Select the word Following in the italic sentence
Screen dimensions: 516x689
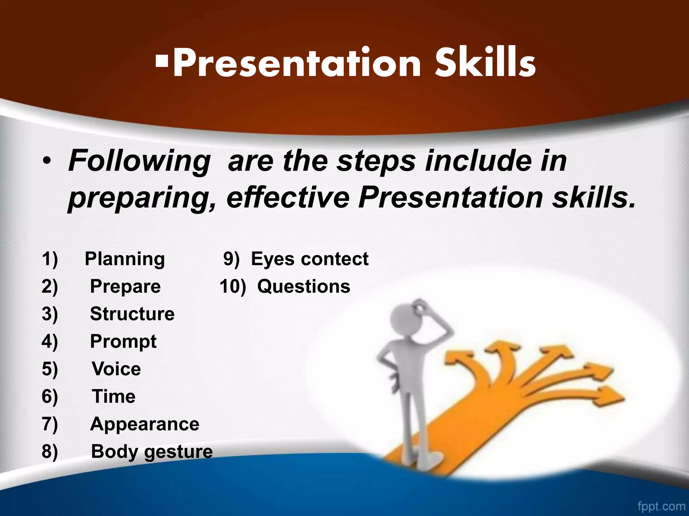(x=139, y=162)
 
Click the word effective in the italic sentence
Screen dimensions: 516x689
(x=288, y=198)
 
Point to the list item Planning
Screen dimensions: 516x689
(x=124, y=259)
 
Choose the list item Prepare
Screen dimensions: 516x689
(x=125, y=287)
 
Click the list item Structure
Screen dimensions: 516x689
(x=132, y=314)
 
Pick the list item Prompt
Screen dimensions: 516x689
(x=123, y=342)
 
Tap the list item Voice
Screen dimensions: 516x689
(x=116, y=369)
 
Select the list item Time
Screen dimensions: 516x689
(x=114, y=396)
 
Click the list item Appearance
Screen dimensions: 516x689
(x=145, y=424)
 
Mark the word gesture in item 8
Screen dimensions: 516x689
(x=178, y=452)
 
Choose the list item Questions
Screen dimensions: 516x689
(x=303, y=287)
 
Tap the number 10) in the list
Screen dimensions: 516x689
(x=232, y=287)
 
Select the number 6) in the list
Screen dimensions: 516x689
(x=50, y=396)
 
